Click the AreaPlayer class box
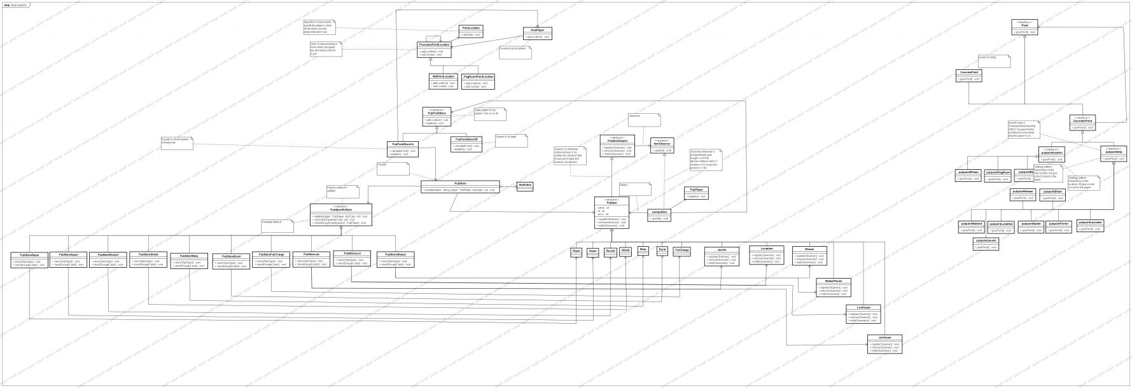(537, 34)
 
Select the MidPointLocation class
(444, 81)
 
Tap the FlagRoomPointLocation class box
(479, 81)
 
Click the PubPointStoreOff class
(466, 144)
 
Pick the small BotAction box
(525, 186)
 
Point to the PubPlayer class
(695, 193)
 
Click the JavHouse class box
(884, 343)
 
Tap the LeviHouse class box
(863, 314)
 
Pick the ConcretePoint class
(970, 76)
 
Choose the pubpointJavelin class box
(986, 244)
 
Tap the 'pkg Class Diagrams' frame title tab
(13, 4)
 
